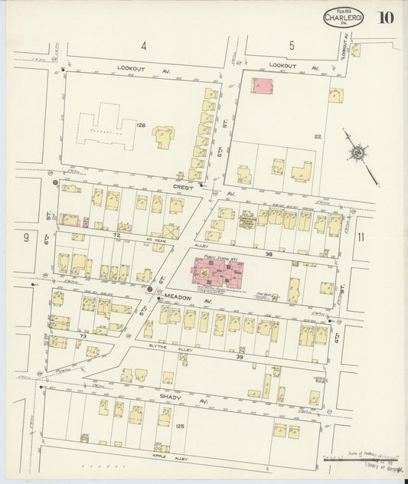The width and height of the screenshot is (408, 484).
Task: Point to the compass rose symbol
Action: point(357,153)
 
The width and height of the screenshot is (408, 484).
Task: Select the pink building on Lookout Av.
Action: point(262,86)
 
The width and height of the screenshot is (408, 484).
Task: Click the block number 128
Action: point(141,125)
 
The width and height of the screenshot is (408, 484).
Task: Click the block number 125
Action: point(180,426)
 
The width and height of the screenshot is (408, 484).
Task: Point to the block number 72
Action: point(116,234)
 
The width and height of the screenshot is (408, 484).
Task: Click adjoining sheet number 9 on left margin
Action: point(25,237)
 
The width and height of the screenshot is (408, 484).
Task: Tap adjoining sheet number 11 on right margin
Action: point(360,237)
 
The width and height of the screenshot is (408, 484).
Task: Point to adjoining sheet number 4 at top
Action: point(143,47)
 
